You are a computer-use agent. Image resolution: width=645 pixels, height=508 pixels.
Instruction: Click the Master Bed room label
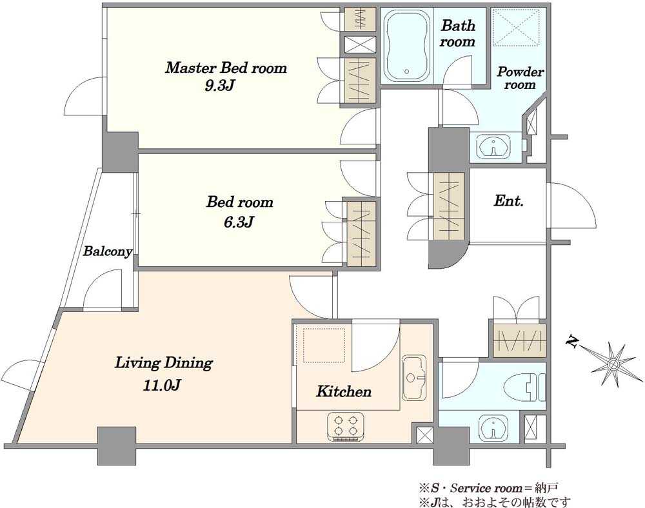click(x=226, y=68)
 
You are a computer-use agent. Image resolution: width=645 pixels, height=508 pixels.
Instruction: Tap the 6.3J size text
click(x=239, y=222)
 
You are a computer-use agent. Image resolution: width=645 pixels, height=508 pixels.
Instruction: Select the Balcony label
click(x=107, y=251)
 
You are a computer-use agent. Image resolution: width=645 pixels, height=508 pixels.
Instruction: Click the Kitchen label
click(x=344, y=391)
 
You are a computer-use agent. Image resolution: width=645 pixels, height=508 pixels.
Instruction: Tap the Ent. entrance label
click(x=508, y=201)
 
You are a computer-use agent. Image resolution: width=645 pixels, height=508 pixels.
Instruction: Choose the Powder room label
click(x=521, y=77)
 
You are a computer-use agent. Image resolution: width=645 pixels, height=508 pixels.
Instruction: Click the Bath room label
click(x=457, y=34)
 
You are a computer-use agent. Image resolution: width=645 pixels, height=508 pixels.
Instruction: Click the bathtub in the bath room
click(x=407, y=46)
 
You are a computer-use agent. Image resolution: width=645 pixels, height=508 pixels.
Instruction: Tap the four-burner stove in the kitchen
click(x=346, y=427)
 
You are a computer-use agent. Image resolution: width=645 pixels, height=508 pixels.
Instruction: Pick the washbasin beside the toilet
click(x=493, y=428)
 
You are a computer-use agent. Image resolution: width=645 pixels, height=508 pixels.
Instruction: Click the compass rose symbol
click(x=613, y=364)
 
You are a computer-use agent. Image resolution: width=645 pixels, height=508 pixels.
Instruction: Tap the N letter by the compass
click(x=571, y=341)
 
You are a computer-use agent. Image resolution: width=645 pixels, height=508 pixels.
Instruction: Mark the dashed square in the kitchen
click(x=324, y=346)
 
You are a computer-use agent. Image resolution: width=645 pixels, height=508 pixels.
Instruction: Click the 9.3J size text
click(x=220, y=86)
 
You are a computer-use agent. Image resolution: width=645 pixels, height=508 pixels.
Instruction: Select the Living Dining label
click(x=163, y=364)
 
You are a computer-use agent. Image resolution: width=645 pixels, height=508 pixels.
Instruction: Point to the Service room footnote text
click(x=488, y=489)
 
